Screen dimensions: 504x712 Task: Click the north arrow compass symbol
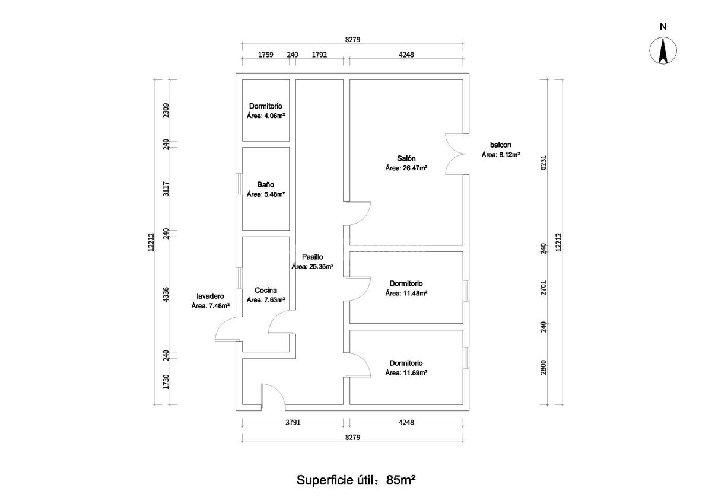point(663,50)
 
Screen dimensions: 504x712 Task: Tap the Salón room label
point(406,158)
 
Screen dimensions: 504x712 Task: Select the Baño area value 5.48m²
point(266,194)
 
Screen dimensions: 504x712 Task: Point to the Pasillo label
point(311,257)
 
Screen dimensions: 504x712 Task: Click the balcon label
point(500,145)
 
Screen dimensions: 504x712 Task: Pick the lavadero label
point(211,296)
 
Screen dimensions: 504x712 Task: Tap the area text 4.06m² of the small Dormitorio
point(266,116)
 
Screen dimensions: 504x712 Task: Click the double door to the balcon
point(454,154)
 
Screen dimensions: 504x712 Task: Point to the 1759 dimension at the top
point(265,55)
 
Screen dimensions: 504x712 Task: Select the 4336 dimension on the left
point(167,295)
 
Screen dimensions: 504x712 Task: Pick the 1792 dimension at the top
point(320,55)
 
